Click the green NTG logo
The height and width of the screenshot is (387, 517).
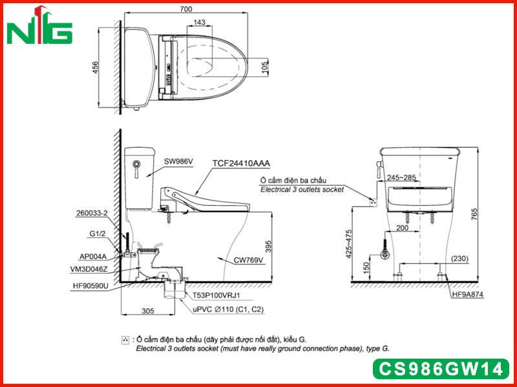[39, 25]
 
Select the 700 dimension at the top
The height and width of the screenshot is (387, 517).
[186, 9]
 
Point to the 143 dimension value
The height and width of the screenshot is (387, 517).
[200, 22]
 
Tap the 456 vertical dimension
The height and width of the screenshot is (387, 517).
[95, 68]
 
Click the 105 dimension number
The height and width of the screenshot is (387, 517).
[265, 68]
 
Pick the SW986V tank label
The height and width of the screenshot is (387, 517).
[178, 161]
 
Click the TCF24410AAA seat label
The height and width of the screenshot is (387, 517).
[241, 163]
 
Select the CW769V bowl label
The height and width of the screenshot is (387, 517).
[248, 261]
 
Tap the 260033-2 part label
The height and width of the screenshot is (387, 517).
[92, 213]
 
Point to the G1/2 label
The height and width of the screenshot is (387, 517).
[98, 233]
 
